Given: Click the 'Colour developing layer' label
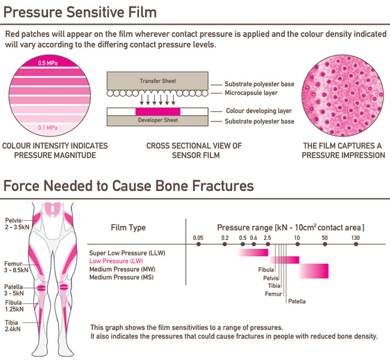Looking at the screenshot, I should point(259,111).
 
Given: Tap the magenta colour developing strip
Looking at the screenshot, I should point(157,112).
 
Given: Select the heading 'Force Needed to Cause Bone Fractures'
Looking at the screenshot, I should point(129,186).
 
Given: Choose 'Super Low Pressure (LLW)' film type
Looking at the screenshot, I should point(125,251).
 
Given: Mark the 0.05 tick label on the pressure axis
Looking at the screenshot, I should point(198,238).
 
